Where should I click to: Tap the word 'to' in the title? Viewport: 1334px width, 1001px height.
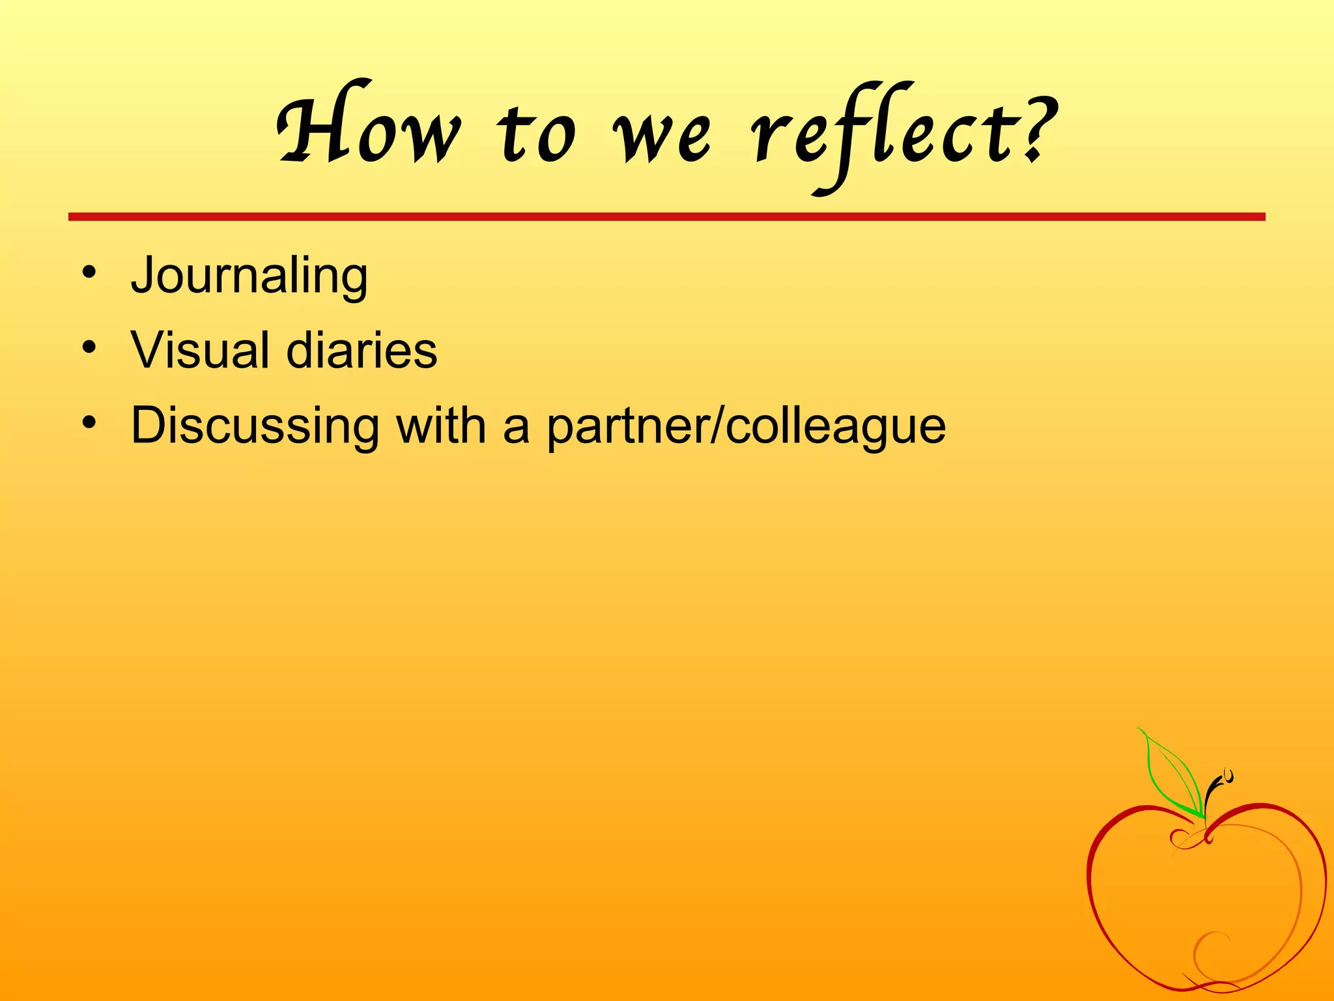pos(537,134)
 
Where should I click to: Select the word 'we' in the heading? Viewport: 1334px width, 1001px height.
pos(662,137)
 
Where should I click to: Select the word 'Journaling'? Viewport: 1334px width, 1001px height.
pos(249,276)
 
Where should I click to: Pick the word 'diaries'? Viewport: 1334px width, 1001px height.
pos(362,350)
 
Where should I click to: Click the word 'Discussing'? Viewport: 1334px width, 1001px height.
pos(255,426)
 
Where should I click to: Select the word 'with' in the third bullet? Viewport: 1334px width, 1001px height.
pos(441,426)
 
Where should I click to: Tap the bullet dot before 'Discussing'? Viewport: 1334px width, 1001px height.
pos(89,422)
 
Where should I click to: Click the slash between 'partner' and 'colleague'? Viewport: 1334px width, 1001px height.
pos(718,426)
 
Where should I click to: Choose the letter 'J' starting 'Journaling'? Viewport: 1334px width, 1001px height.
pos(143,276)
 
